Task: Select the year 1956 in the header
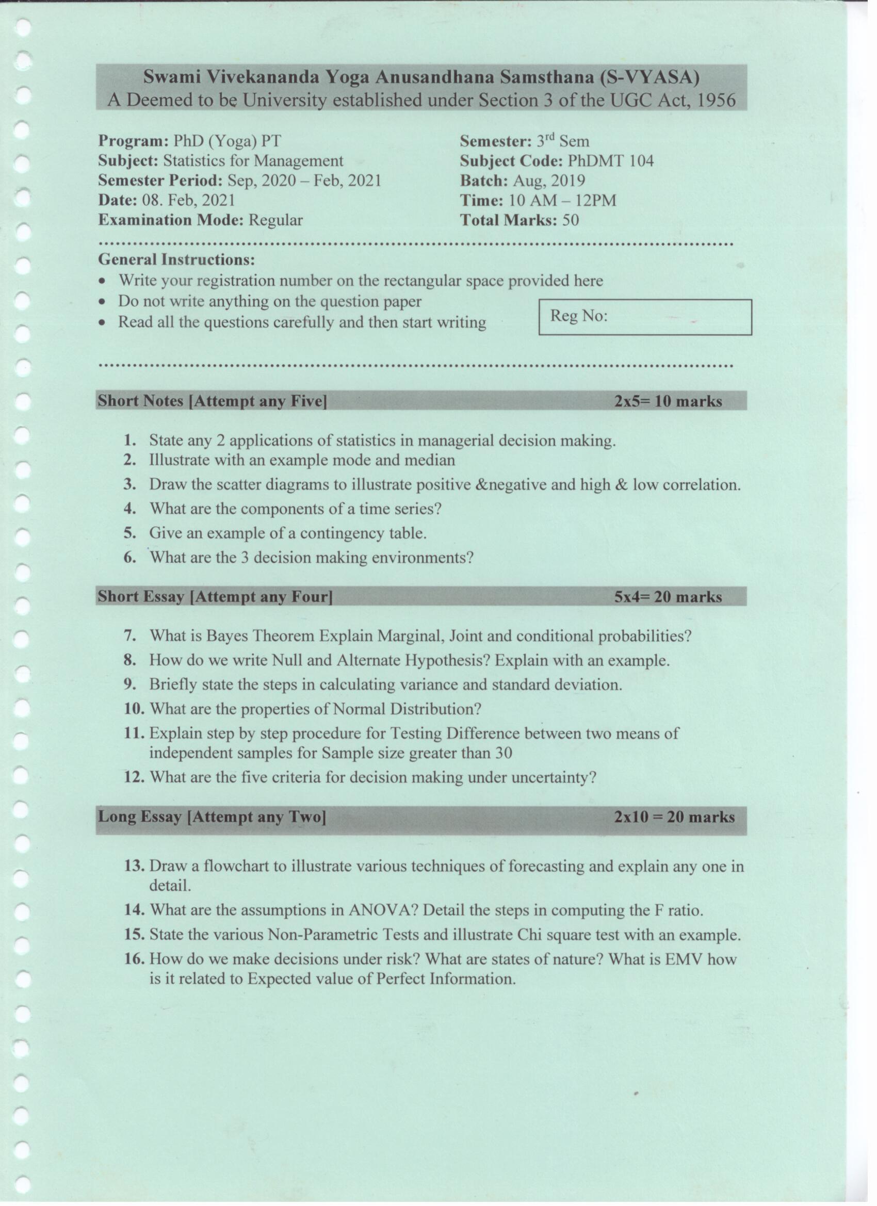coord(716,101)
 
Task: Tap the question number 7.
coord(131,636)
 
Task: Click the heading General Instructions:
coord(176,260)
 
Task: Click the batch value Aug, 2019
coord(549,181)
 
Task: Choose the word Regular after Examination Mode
coord(275,220)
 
